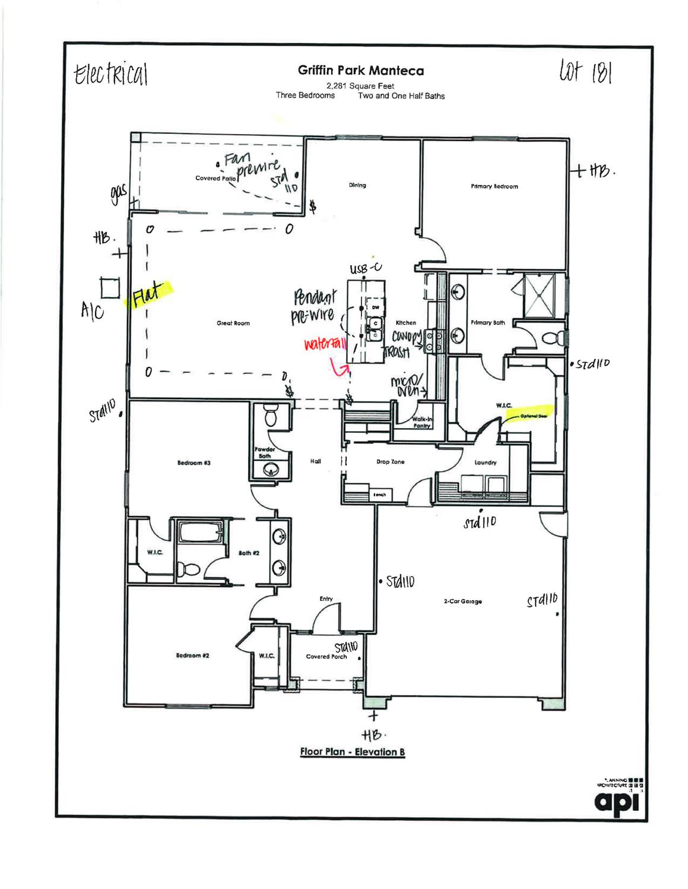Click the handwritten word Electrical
[110, 75]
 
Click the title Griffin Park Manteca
[361, 71]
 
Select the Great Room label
[233, 323]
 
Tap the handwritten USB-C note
[366, 269]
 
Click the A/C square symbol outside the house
[110, 288]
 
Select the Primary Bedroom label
[494, 186]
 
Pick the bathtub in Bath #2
[201, 533]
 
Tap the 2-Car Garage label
[462, 601]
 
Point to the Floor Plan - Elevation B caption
[352, 752]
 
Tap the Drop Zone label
[390, 461]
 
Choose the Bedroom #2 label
[192, 655]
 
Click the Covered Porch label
[326, 657]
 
